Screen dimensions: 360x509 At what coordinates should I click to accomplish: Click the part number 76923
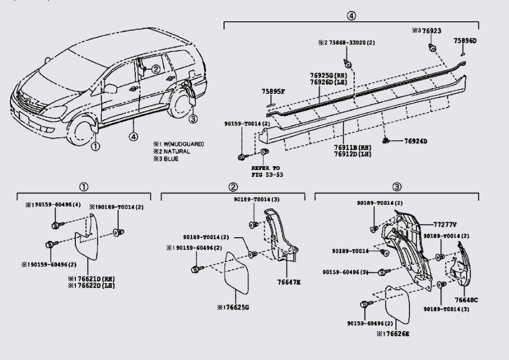tap(432, 31)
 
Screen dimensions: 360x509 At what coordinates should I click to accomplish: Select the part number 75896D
tap(465, 41)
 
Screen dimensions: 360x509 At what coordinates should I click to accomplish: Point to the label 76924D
tap(416, 141)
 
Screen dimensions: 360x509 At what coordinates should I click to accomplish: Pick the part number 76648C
tap(466, 300)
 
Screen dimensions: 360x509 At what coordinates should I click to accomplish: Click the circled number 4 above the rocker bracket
tap(351, 15)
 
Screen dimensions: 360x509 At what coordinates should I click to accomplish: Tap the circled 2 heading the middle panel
tap(233, 187)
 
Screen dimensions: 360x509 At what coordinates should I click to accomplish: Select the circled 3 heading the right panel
tap(396, 187)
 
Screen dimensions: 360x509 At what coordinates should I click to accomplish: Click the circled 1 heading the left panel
tap(84, 187)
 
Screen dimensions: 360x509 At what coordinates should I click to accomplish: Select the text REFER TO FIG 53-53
tap(266, 171)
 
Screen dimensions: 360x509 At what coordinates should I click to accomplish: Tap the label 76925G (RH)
tap(328, 75)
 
